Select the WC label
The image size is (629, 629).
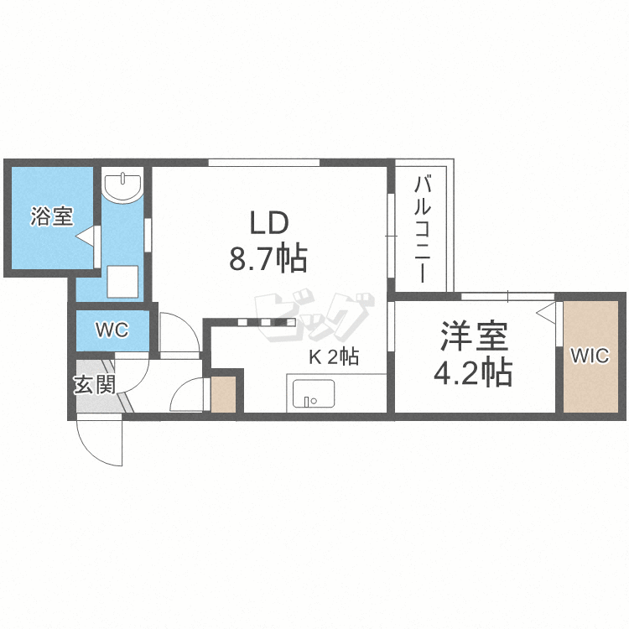tap(111, 330)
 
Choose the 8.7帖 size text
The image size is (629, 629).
tap(268, 259)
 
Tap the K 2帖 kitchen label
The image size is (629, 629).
tap(334, 357)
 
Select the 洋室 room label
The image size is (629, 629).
tap(472, 337)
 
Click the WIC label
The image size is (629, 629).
tap(590, 356)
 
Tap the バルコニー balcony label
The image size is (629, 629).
tap(424, 226)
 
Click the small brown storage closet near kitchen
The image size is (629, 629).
tap(223, 395)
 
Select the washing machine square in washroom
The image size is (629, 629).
tap(123, 280)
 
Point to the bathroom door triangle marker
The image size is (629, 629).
tap(85, 239)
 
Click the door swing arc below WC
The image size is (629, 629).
tap(178, 334)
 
